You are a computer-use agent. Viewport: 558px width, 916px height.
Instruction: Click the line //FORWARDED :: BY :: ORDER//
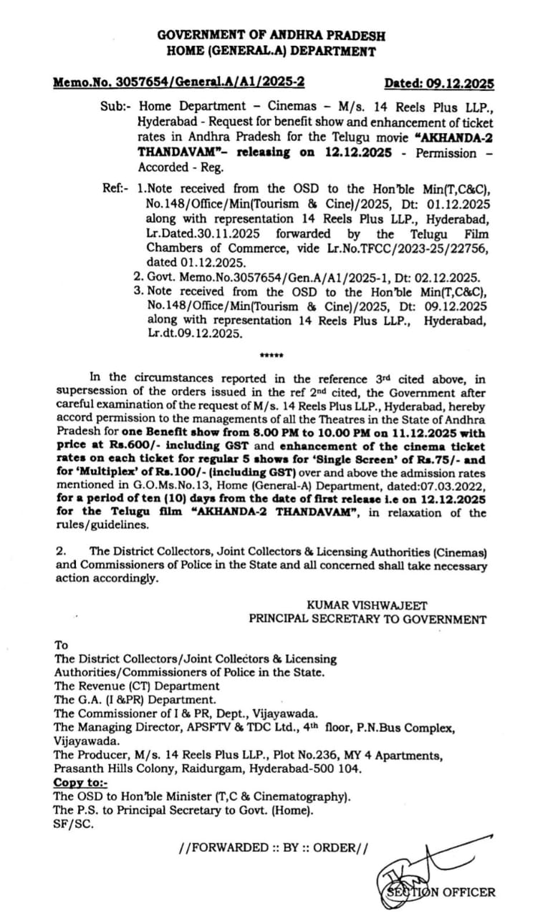click(x=274, y=847)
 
